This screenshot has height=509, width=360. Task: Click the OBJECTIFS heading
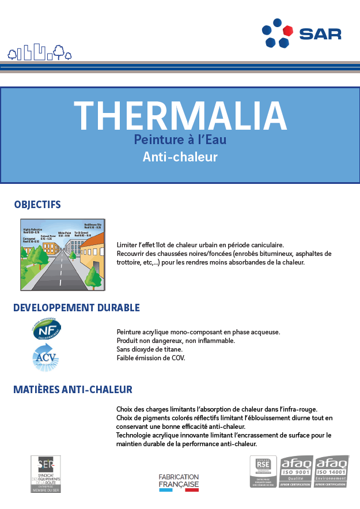(37, 205)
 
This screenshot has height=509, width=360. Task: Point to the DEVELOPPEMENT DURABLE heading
(77, 308)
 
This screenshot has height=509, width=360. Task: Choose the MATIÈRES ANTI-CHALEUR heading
(73, 390)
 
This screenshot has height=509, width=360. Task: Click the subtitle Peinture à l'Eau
(180, 139)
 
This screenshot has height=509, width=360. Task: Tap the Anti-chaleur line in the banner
(180, 156)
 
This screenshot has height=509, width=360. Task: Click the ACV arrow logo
(46, 357)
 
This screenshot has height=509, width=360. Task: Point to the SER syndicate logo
(46, 474)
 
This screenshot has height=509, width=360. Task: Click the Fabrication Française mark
(179, 482)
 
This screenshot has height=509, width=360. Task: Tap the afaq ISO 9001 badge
(296, 472)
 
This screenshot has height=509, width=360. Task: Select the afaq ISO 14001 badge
(332, 472)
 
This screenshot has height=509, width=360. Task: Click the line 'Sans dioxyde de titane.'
(149, 349)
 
